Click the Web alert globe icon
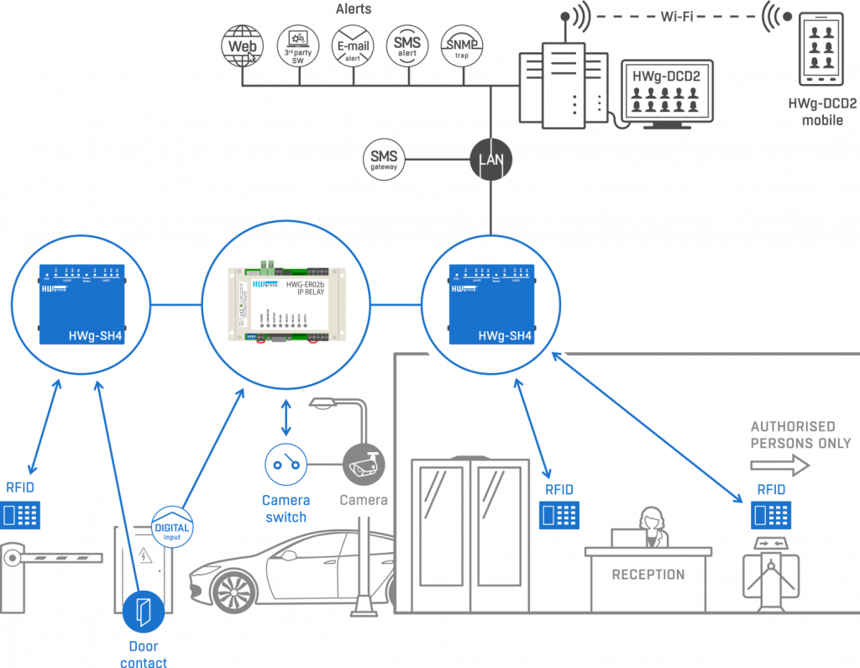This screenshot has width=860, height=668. tap(240, 45)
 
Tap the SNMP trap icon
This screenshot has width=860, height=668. tap(462, 45)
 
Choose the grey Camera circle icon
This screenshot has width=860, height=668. tap(364, 462)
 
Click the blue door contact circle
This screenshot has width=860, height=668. tap(144, 612)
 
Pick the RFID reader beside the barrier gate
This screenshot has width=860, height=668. tap(20, 513)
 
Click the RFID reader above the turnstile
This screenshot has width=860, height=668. tap(772, 513)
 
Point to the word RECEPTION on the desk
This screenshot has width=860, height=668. tap(648, 575)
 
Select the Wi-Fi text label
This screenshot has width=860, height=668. tap(676, 16)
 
